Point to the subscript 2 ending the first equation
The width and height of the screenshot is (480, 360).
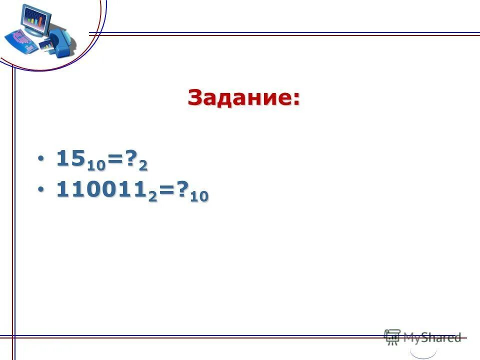click(x=143, y=164)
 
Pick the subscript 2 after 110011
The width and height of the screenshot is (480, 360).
click(x=151, y=195)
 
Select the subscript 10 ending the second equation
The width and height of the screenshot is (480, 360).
click(x=199, y=196)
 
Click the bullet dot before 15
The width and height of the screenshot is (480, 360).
click(x=41, y=159)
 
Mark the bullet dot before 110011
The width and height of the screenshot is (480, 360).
click(x=41, y=190)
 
